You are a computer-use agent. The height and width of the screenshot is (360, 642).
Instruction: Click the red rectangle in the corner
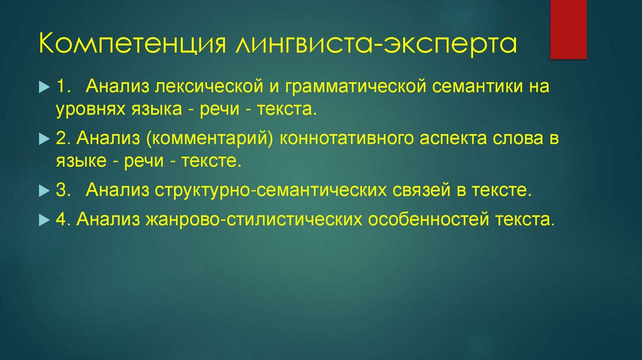coord(568,29)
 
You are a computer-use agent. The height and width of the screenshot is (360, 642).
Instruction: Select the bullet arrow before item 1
coord(43,85)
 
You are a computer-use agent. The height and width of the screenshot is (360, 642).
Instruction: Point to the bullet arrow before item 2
coord(43,137)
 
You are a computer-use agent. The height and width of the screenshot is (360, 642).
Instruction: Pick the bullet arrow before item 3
coord(43,190)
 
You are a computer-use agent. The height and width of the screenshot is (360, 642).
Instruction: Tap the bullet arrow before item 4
coord(43,220)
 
